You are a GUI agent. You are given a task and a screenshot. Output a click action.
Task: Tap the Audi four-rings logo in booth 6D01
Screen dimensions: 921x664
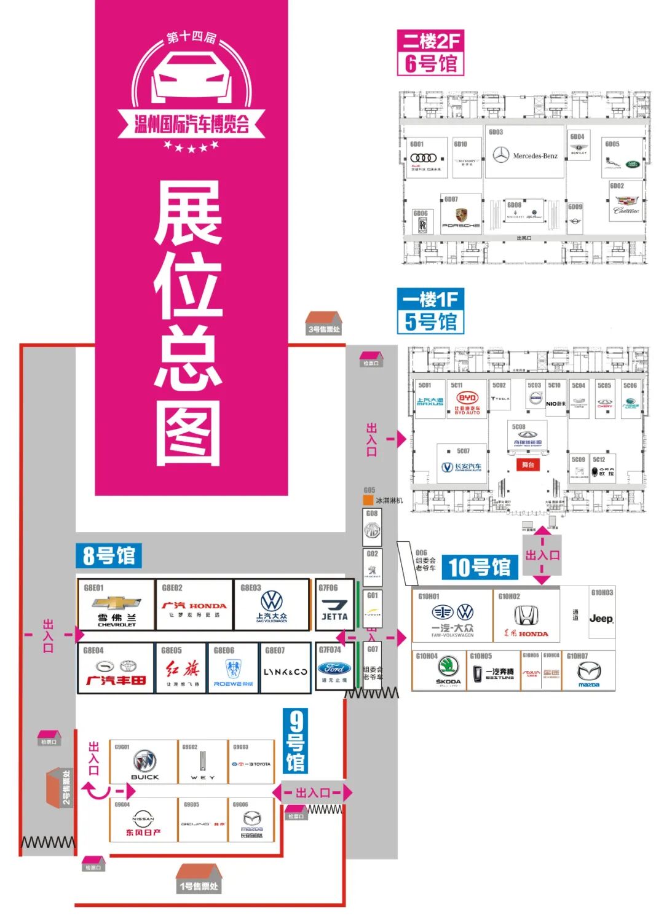pyautogui.click(x=424, y=159)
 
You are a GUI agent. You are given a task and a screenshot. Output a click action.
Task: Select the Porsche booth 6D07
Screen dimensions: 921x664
pyautogui.click(x=461, y=215)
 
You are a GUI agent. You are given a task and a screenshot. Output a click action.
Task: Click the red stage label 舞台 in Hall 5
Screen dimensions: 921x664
pyautogui.click(x=528, y=465)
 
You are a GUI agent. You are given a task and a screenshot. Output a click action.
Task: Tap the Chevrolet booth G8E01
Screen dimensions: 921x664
pyautogui.click(x=116, y=605)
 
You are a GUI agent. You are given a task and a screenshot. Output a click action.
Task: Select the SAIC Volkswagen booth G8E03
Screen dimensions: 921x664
pyautogui.click(x=271, y=605)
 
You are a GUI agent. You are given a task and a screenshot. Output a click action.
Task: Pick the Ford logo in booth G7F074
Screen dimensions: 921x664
pyautogui.click(x=334, y=668)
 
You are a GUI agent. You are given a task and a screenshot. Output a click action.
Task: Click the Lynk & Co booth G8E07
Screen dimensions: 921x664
pyautogui.click(x=285, y=668)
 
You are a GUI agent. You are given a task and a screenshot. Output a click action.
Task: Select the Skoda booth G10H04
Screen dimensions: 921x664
pyautogui.click(x=448, y=671)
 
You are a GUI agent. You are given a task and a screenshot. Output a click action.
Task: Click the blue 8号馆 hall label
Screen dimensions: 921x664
pyautogui.click(x=109, y=556)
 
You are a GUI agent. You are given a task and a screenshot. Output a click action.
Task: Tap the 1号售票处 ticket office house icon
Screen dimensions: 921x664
pyautogui.click(x=198, y=879)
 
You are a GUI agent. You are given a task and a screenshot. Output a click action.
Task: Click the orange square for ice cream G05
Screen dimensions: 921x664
pyautogui.click(x=368, y=500)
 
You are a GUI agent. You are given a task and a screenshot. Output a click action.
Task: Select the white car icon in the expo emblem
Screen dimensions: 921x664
pyautogui.click(x=191, y=77)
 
